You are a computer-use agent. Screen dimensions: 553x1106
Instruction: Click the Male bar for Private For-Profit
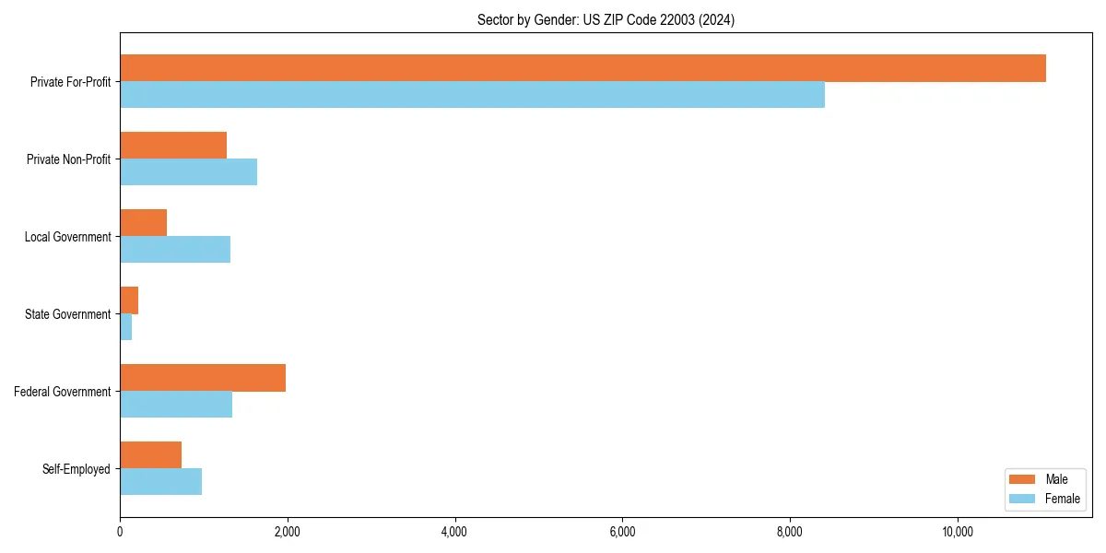pyautogui.click(x=582, y=68)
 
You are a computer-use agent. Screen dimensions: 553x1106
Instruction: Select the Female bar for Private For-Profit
pyautogui.click(x=472, y=95)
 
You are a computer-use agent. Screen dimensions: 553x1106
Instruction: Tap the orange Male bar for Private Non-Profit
pyautogui.click(x=173, y=146)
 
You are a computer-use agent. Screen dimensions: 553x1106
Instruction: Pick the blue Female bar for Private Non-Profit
pyautogui.click(x=188, y=172)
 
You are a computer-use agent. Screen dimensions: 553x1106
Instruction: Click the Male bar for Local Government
pyautogui.click(x=143, y=223)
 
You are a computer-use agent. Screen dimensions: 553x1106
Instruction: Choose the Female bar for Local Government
pyautogui.click(x=175, y=250)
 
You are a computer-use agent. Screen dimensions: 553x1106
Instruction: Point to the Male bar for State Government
pyautogui.click(x=129, y=300)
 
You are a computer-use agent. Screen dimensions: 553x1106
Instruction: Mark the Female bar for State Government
pyautogui.click(x=126, y=327)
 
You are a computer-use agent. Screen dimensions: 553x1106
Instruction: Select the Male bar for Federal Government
pyautogui.click(x=203, y=378)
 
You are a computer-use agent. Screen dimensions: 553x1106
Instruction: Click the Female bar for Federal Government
pyautogui.click(x=176, y=405)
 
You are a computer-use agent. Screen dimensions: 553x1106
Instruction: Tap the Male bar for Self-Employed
pyautogui.click(x=150, y=455)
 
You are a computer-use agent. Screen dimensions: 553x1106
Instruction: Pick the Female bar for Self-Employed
pyautogui.click(x=160, y=482)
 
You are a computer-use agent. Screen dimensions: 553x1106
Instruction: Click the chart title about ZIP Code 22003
pyautogui.click(x=606, y=19)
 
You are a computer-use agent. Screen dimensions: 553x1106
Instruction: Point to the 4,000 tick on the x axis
pyautogui.click(x=455, y=532)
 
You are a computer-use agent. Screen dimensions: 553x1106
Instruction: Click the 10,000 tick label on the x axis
pyautogui.click(x=958, y=532)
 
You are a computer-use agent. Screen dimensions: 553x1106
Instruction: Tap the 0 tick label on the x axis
pyautogui.click(x=120, y=532)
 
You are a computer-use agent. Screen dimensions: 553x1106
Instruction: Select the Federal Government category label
pyautogui.click(x=63, y=392)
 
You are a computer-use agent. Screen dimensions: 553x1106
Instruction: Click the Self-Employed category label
pyautogui.click(x=76, y=469)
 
